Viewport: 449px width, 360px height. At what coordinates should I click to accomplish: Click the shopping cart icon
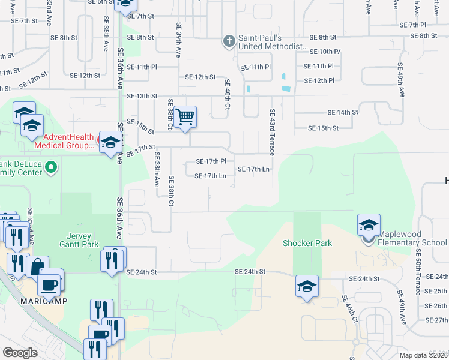click(x=185, y=116)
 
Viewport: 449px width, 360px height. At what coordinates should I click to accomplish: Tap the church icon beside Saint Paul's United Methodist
click(x=228, y=41)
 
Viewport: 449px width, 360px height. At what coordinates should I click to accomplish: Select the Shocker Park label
click(x=307, y=243)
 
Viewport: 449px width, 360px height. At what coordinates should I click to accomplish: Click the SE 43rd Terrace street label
click(x=272, y=132)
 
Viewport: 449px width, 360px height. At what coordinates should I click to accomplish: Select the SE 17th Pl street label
click(x=211, y=161)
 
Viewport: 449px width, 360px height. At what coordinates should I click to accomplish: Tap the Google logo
click(x=20, y=352)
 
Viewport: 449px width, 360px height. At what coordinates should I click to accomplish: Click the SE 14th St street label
click(x=342, y=112)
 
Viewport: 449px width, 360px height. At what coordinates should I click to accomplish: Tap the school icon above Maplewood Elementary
click(x=369, y=225)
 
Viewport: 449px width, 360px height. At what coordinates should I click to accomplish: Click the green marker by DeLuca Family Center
click(x=51, y=167)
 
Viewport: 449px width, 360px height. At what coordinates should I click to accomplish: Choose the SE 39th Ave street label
click(x=178, y=40)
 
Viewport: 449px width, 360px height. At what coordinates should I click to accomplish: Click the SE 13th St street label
click(x=142, y=96)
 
